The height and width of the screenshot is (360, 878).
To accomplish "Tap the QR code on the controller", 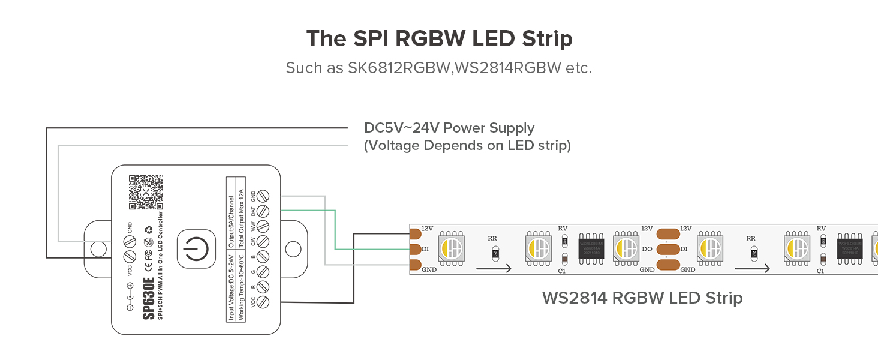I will (146, 192).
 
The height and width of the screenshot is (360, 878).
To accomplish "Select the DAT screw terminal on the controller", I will (262, 211).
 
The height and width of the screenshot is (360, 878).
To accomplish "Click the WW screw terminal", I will (262, 226).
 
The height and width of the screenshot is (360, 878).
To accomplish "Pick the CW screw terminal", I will (262, 242).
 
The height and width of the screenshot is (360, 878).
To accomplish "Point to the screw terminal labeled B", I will (262, 257).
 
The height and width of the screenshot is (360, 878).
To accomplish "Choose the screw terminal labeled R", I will (262, 287).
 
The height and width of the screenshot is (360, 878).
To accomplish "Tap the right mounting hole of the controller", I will (293, 248).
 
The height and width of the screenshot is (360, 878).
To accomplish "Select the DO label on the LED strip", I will (647, 248).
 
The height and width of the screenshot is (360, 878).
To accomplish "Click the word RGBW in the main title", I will (430, 38).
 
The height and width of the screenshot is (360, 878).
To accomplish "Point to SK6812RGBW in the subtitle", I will (399, 68).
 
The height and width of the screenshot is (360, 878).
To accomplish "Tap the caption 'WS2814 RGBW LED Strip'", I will (642, 298).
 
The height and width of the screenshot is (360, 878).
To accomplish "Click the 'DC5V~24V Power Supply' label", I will (449, 128).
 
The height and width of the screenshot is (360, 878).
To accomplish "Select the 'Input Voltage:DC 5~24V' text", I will (231, 287).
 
